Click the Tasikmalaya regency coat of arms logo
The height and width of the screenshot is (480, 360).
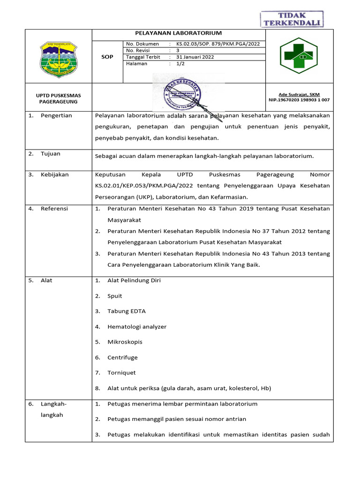pyautogui.click(x=59, y=57)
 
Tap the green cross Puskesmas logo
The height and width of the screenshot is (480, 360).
pyautogui.click(x=299, y=56)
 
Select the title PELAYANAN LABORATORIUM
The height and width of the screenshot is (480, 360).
pyautogui.click(x=179, y=33)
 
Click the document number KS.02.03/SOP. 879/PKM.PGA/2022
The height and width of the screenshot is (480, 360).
pyautogui.click(x=217, y=44)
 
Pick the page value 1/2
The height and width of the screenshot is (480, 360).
pyautogui.click(x=180, y=64)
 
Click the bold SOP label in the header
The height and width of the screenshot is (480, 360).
pyautogui.click(x=107, y=57)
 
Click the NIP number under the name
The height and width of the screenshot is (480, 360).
pyautogui.click(x=299, y=100)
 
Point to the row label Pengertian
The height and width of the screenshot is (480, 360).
pyautogui.click(x=56, y=116)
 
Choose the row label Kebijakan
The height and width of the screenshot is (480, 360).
pyautogui.click(x=54, y=174)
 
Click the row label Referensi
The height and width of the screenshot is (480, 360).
pyautogui.click(x=54, y=209)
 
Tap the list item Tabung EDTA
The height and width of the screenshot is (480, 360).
pyautogui.click(x=126, y=311)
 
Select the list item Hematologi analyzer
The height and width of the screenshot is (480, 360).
pyautogui.click(x=137, y=327)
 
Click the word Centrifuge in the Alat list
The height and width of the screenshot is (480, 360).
pyautogui.click(x=122, y=357)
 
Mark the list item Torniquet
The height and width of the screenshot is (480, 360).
pyautogui.click(x=121, y=373)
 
